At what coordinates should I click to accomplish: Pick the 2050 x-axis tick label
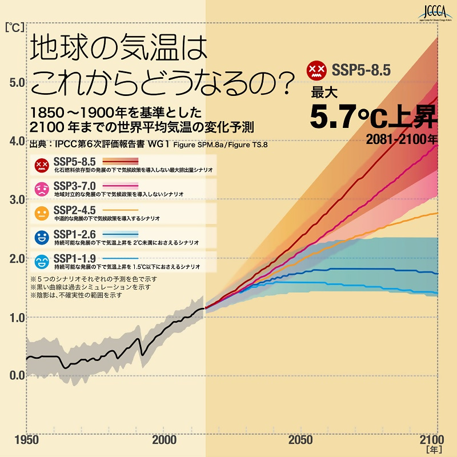click(300, 440)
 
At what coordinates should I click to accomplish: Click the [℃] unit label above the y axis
click(13, 27)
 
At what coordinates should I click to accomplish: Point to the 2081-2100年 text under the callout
click(402, 138)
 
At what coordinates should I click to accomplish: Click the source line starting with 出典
click(149, 145)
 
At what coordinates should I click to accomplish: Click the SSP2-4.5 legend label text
click(74, 210)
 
